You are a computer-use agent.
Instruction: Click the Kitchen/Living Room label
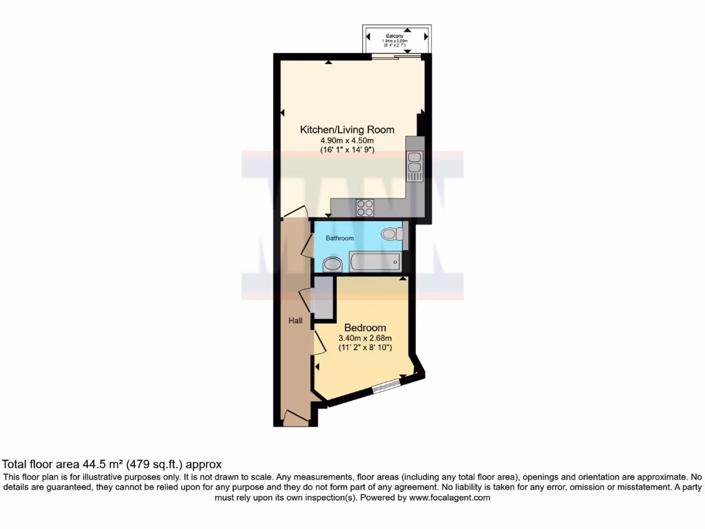click(347, 129)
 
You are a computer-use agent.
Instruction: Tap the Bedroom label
click(365, 328)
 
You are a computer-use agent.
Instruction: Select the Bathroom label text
click(339, 238)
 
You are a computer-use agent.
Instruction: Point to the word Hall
click(295, 320)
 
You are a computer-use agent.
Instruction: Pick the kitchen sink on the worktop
click(414, 166)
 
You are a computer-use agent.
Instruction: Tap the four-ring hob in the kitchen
click(365, 207)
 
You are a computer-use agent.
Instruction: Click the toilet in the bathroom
click(391, 234)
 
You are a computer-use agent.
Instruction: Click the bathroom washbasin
click(333, 263)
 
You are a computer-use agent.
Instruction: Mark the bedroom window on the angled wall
click(388, 386)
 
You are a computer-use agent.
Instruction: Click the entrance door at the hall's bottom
click(296, 417)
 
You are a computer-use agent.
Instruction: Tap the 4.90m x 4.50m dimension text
click(347, 141)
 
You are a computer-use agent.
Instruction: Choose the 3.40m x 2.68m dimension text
click(365, 338)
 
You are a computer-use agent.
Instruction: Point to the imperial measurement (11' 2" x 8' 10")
click(365, 348)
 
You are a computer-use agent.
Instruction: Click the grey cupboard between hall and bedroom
click(320, 302)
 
